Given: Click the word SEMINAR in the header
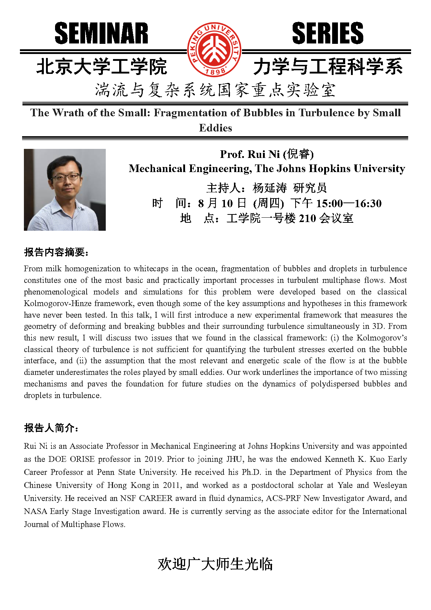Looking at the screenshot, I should click(101, 33).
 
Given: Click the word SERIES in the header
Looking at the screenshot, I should click(327, 33).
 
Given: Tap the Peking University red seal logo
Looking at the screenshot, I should click(214, 50).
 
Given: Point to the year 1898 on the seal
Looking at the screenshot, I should click(215, 72).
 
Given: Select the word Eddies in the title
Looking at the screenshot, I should click(215, 128).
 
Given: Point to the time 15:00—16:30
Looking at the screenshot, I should click(349, 204).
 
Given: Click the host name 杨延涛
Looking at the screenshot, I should click(269, 188).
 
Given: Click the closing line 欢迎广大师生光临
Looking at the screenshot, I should click(215, 564).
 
